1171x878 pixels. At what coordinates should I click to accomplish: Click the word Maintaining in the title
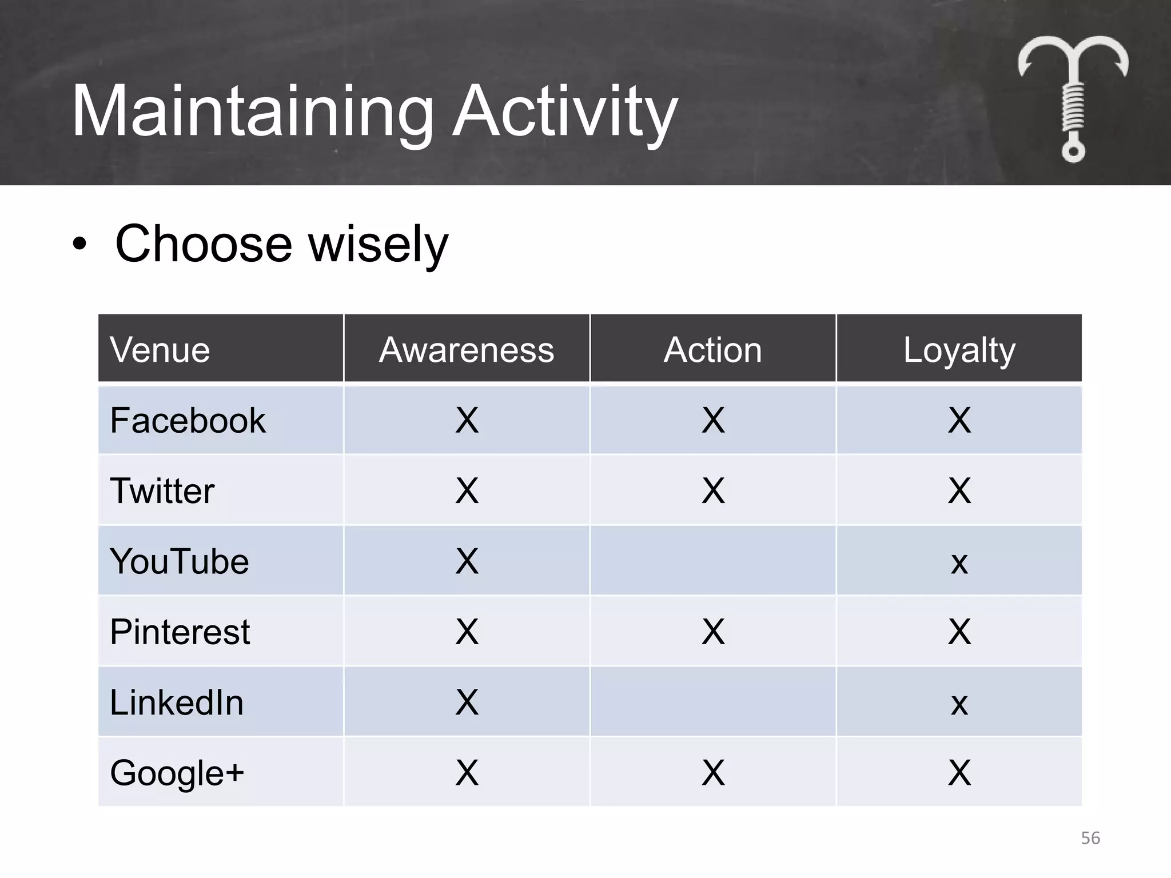(x=252, y=111)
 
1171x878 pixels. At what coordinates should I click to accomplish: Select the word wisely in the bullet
(x=378, y=245)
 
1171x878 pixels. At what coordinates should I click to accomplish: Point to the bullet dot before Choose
(x=79, y=245)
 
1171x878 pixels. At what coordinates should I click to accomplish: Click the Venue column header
(x=160, y=350)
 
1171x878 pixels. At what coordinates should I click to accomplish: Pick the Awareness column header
(x=467, y=350)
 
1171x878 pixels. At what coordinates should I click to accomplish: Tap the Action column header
(x=712, y=350)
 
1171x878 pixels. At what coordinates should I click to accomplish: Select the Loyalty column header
(x=959, y=350)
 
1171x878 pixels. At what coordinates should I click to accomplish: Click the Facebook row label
(x=188, y=421)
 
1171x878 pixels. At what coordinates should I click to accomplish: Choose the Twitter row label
(x=162, y=491)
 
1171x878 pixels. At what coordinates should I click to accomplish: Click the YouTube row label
(x=180, y=561)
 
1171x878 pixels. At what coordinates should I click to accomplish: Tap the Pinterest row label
(x=180, y=632)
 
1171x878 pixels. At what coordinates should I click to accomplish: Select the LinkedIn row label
(x=176, y=703)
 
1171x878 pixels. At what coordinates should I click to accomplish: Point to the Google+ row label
(x=177, y=773)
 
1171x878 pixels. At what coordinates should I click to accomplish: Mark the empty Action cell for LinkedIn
(x=712, y=702)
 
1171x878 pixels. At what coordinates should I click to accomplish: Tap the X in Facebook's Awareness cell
(x=467, y=421)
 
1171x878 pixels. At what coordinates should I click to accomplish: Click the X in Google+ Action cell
(x=712, y=773)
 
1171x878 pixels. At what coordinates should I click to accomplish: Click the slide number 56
(x=1090, y=838)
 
